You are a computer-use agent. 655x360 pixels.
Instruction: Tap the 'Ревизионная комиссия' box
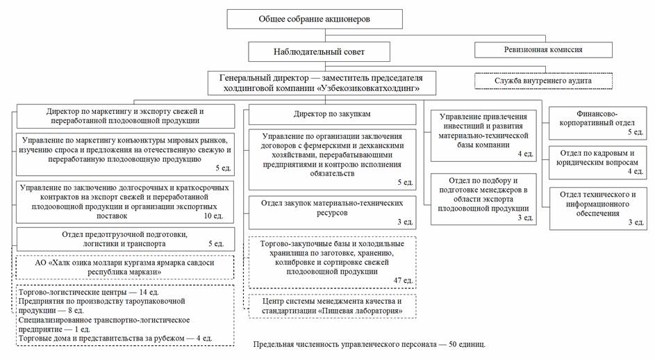[x=543, y=50]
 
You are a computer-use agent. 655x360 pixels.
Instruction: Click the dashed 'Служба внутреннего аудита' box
[x=543, y=81]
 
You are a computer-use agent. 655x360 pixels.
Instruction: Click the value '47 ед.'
[x=403, y=281]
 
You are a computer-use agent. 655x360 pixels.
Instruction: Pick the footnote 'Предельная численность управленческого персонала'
[x=368, y=344]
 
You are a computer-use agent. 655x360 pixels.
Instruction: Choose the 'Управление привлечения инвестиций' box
[x=484, y=134]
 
